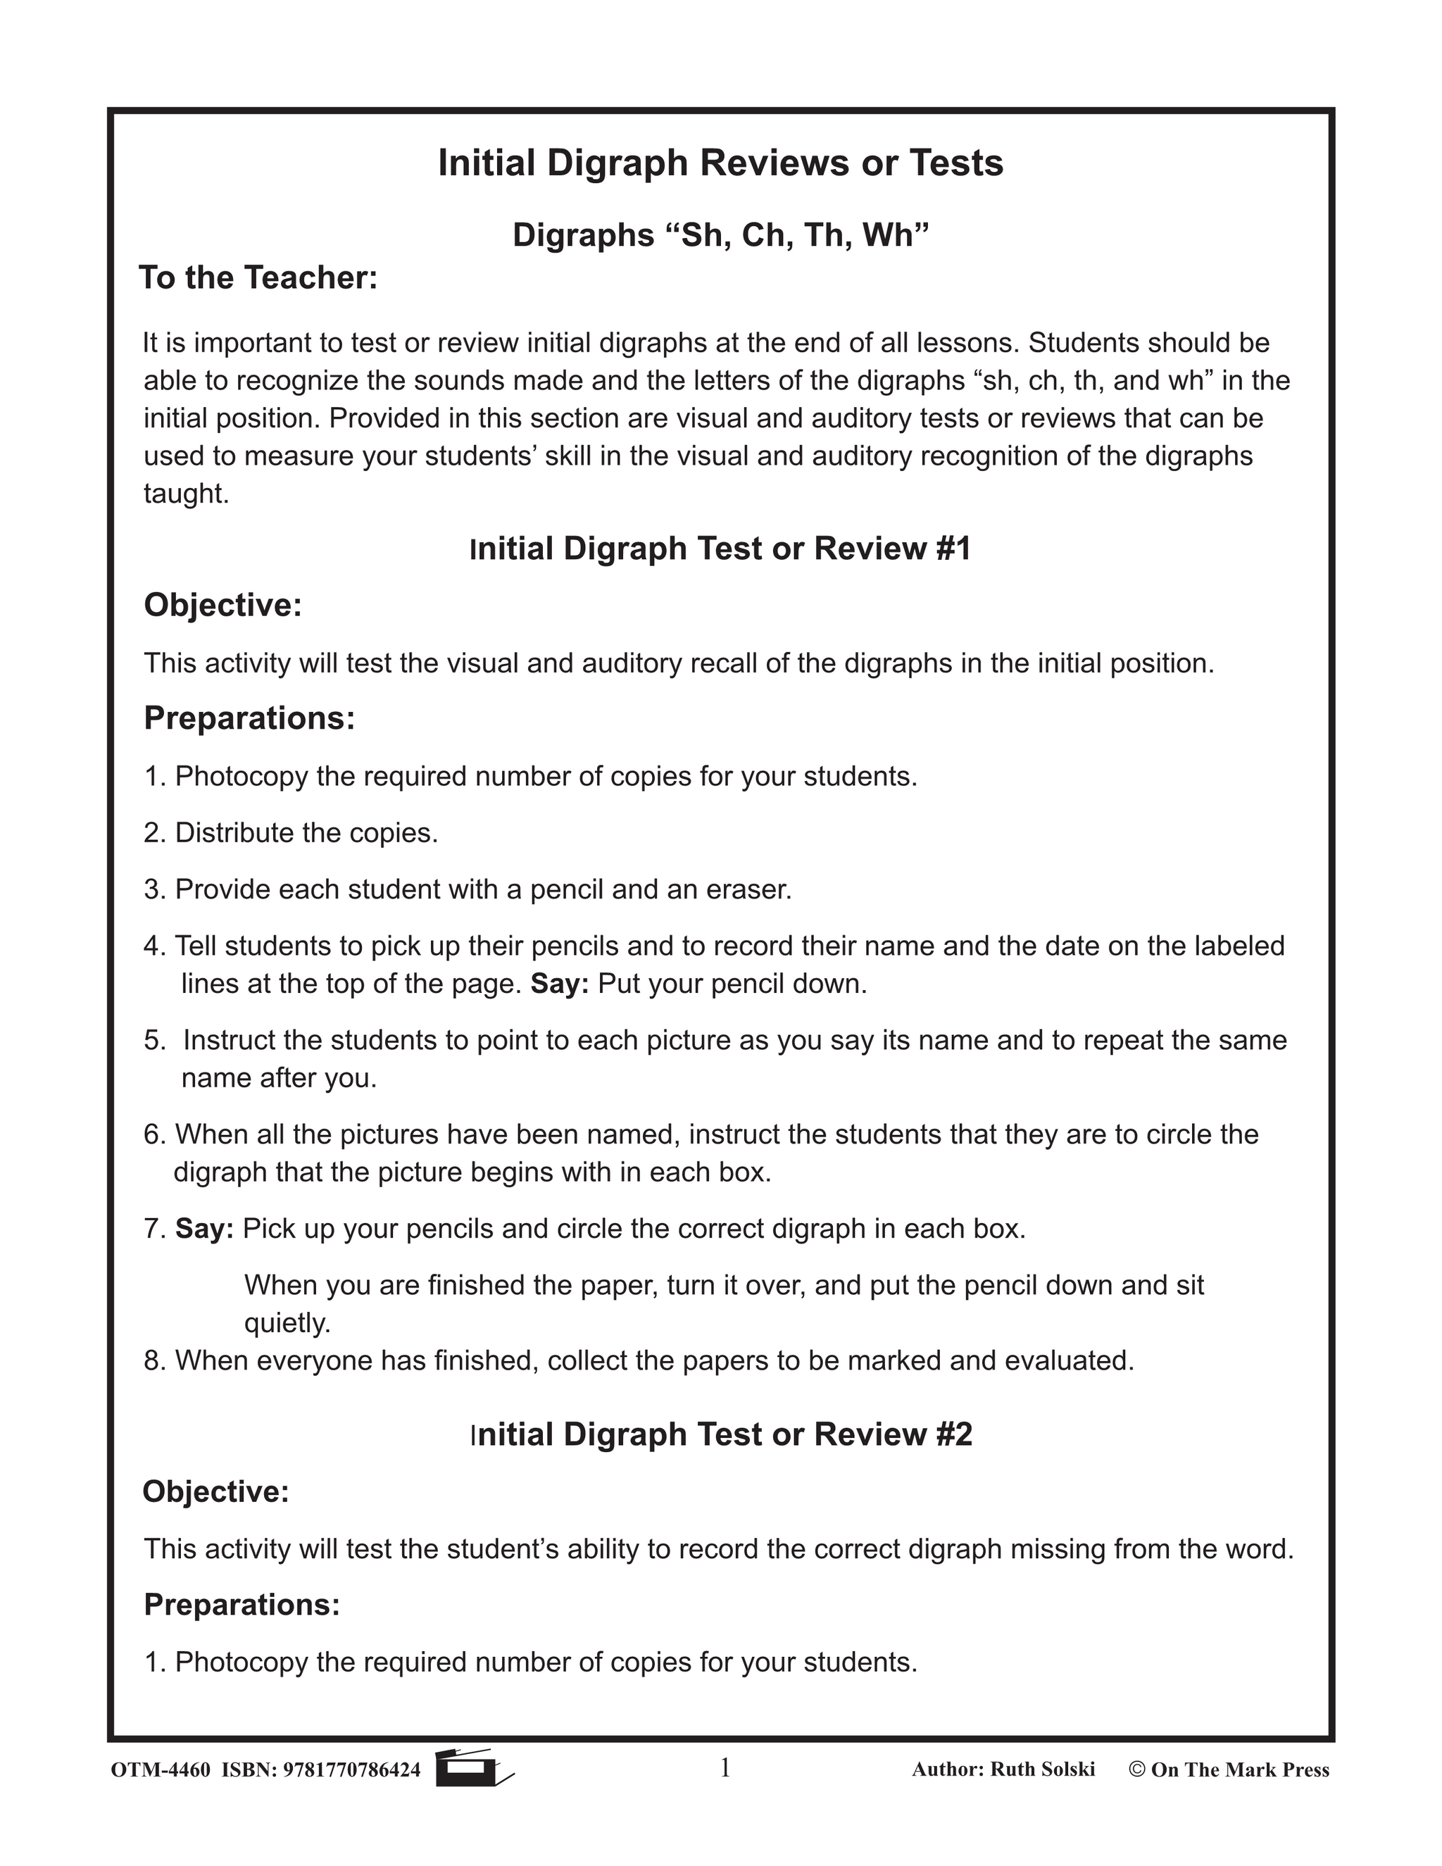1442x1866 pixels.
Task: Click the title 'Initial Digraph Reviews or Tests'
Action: coord(720,163)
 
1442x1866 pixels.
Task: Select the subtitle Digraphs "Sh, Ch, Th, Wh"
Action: coord(720,234)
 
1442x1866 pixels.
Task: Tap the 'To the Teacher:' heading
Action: coord(258,277)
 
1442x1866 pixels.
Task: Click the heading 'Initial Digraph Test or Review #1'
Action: coord(720,549)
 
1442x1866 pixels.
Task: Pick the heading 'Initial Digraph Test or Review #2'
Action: coord(720,1434)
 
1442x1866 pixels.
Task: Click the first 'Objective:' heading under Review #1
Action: coord(223,605)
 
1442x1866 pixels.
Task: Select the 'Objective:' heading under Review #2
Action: coord(216,1491)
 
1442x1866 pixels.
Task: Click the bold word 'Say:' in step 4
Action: coord(560,984)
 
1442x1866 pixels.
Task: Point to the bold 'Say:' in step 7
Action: coord(204,1229)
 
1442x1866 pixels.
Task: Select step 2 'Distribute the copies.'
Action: coord(291,833)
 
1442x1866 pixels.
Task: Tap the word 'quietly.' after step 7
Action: coord(287,1322)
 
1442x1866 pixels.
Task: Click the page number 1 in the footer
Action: coord(725,1767)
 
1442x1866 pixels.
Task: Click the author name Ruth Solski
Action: coord(1041,1769)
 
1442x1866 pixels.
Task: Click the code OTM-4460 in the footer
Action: coord(161,1770)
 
